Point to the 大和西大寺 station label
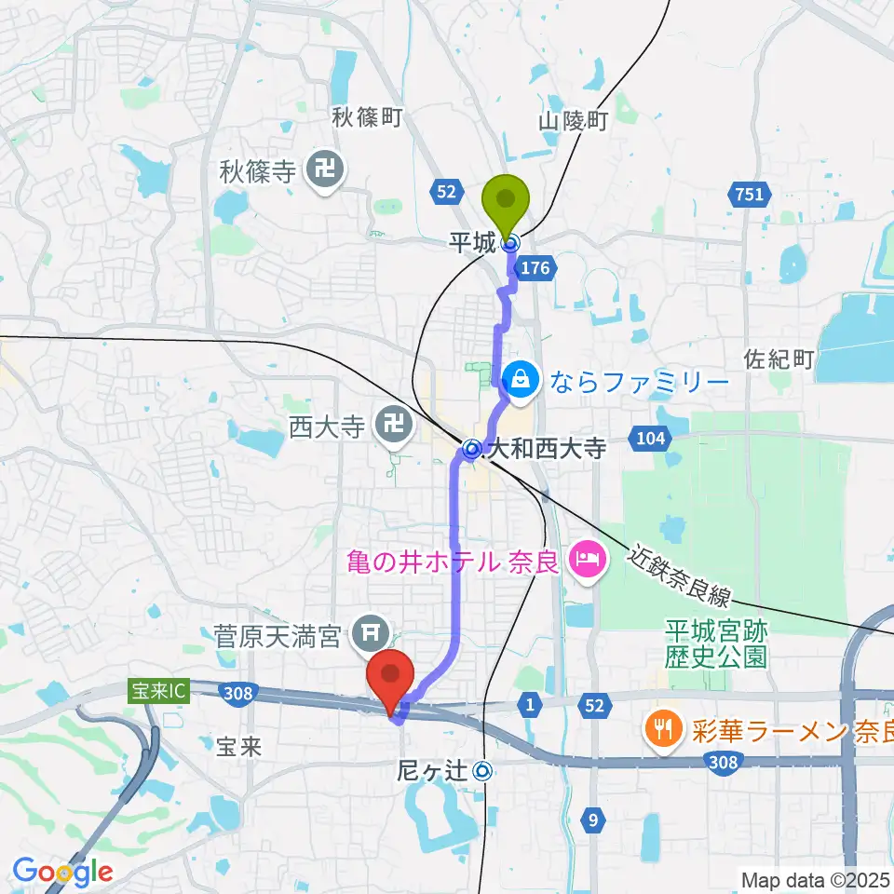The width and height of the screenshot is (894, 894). click(x=547, y=450)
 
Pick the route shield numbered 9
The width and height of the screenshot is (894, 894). click(x=593, y=819)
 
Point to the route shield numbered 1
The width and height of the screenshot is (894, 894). click(x=530, y=707)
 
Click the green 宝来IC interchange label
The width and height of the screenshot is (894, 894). click(x=158, y=690)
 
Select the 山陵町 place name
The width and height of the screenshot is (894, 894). click(x=573, y=121)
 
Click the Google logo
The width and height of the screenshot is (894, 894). click(x=62, y=872)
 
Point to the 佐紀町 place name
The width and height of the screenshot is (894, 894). click(x=779, y=359)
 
